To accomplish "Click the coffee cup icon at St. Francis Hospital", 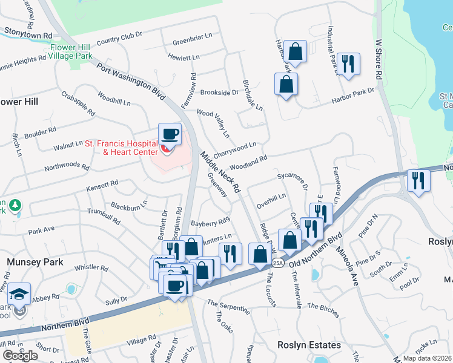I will coord(170,133).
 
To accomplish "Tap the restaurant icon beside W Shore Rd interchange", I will coord(418,180).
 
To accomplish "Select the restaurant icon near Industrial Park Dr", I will coord(348,64).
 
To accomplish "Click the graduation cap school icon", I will coord(19,295).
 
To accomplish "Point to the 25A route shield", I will coord(277,263).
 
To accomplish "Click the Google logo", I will coord(20,355).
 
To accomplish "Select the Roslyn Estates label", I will coord(309,345).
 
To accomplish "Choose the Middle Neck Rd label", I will coord(222,169).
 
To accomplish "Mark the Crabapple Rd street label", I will coord(78,103).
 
